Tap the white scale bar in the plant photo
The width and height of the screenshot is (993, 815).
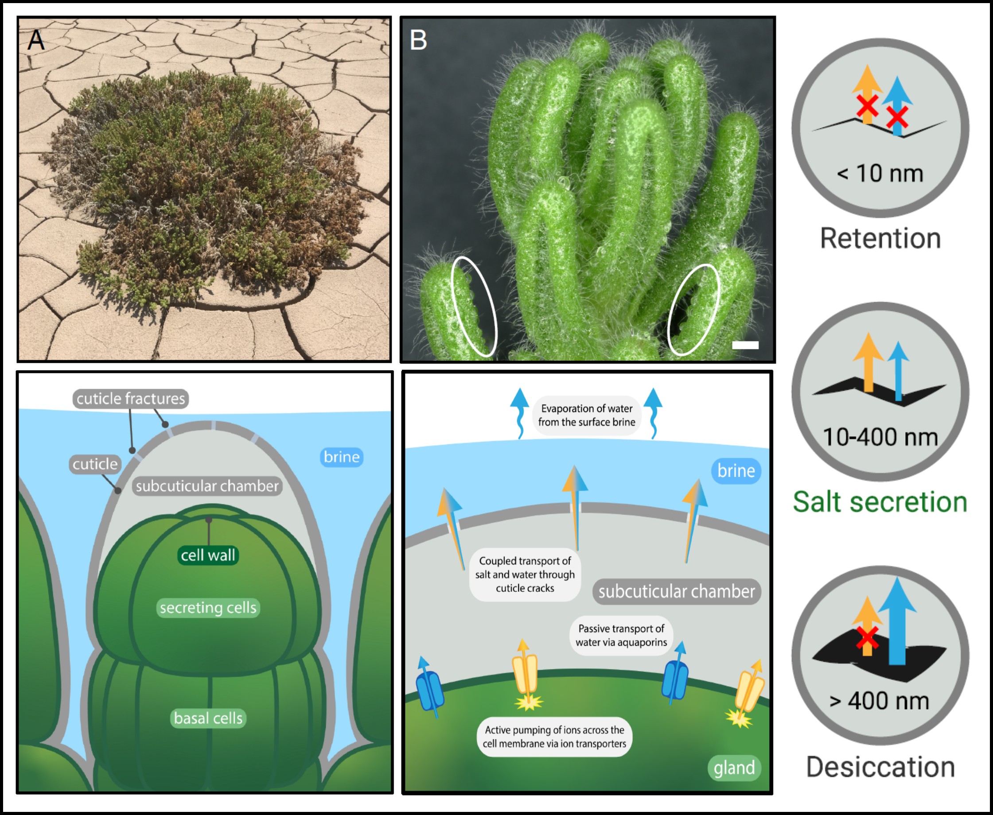pos(745,345)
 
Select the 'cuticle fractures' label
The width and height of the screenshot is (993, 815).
pos(131,399)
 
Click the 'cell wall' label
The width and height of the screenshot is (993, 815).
pos(208,555)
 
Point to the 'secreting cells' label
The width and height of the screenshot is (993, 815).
pos(208,608)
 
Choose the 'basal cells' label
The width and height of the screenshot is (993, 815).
pos(208,718)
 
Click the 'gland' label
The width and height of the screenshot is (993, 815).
pos(734,768)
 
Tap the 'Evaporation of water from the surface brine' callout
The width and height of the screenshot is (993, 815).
pos(586,415)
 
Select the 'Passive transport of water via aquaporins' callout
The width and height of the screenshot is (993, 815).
pos(621,635)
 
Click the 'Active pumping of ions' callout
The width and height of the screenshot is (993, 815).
pos(554,737)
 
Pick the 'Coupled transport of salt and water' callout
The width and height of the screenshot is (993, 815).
pos(525,574)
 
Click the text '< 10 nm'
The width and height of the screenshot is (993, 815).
pos(880,173)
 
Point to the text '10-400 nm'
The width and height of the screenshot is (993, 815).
pos(880,437)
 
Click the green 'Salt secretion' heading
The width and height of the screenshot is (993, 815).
pos(880,502)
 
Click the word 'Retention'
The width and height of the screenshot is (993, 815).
pos(880,238)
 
